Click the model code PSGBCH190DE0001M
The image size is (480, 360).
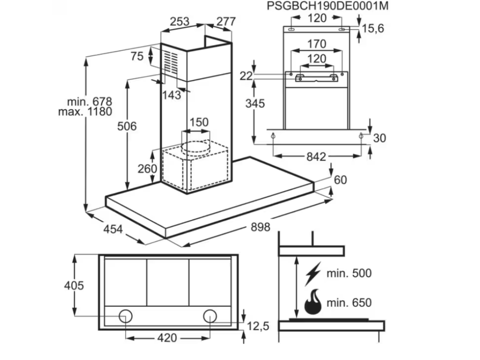click(x=328, y=6)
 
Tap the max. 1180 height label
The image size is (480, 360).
click(x=85, y=112)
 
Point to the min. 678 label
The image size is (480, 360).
click(x=90, y=101)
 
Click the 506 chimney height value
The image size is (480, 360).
click(x=127, y=126)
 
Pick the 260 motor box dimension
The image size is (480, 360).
click(x=147, y=168)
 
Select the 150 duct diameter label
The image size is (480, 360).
click(x=198, y=122)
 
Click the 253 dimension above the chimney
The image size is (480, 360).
click(x=180, y=21)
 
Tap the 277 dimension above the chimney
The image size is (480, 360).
click(x=226, y=21)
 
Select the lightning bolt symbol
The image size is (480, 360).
click(x=313, y=274)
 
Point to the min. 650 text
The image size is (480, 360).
click(x=349, y=303)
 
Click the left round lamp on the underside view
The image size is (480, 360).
click(x=125, y=316)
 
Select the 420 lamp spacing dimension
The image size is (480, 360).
click(x=167, y=337)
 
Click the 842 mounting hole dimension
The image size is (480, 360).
click(x=316, y=157)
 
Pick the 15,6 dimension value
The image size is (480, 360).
click(x=373, y=29)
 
